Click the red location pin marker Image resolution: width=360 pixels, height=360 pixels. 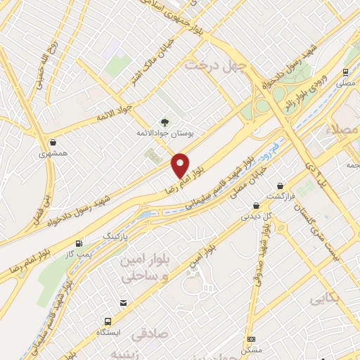(x=181, y=165)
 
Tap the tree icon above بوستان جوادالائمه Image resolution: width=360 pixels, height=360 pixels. (x=165, y=121)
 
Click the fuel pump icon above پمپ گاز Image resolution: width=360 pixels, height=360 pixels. (x=79, y=241)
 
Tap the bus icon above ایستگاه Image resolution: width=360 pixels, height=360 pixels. (x=108, y=320)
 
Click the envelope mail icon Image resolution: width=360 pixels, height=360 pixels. (x=124, y=303)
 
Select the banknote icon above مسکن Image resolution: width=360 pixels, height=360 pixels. (x=251, y=338)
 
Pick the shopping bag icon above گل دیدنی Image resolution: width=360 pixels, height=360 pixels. (x=255, y=205)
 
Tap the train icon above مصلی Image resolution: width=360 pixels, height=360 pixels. (x=345, y=72)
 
